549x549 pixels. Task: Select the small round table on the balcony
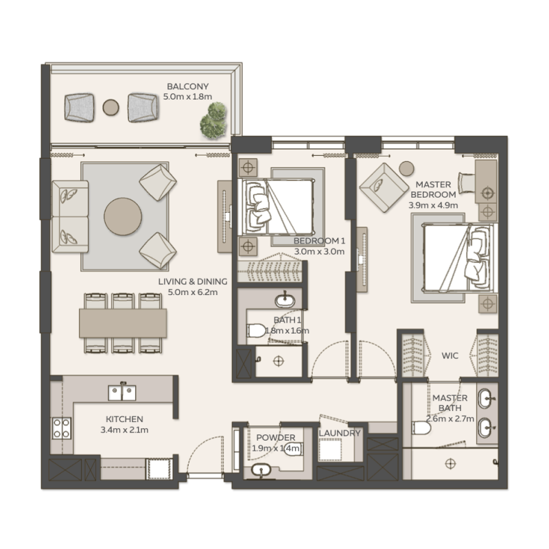(110, 106)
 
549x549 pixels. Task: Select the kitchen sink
(122, 392)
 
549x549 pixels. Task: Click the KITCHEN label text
(124, 419)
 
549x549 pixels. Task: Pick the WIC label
(450, 356)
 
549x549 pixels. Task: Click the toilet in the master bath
(421, 428)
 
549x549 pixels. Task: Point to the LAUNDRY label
(340, 434)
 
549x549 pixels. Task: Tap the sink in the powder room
(261, 470)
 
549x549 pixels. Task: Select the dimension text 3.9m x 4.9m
(432, 205)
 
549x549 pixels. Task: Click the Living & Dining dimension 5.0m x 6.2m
(187, 292)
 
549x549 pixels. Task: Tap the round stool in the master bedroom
(406, 167)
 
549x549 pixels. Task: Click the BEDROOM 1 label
(318, 242)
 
